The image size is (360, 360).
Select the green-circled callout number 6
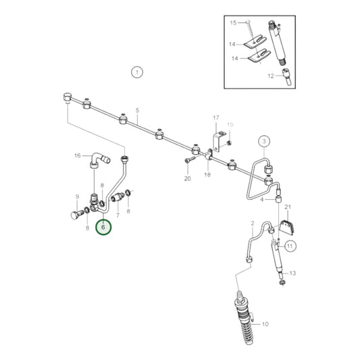tap(103, 228)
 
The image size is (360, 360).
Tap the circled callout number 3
tap(264, 141)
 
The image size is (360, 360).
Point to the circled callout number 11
tap(290, 246)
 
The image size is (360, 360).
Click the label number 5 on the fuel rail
tap(137, 110)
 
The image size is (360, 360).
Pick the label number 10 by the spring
tap(265, 324)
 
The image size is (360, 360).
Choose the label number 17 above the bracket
tap(216, 118)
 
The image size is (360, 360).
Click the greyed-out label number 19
tap(230, 126)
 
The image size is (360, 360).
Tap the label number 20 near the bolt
tap(187, 178)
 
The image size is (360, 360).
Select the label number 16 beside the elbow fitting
tap(76, 155)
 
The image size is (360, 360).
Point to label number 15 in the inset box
tap(234, 22)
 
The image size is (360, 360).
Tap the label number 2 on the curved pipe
tap(251, 223)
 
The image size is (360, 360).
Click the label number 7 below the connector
tap(118, 215)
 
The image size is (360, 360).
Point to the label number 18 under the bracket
tap(208, 174)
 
